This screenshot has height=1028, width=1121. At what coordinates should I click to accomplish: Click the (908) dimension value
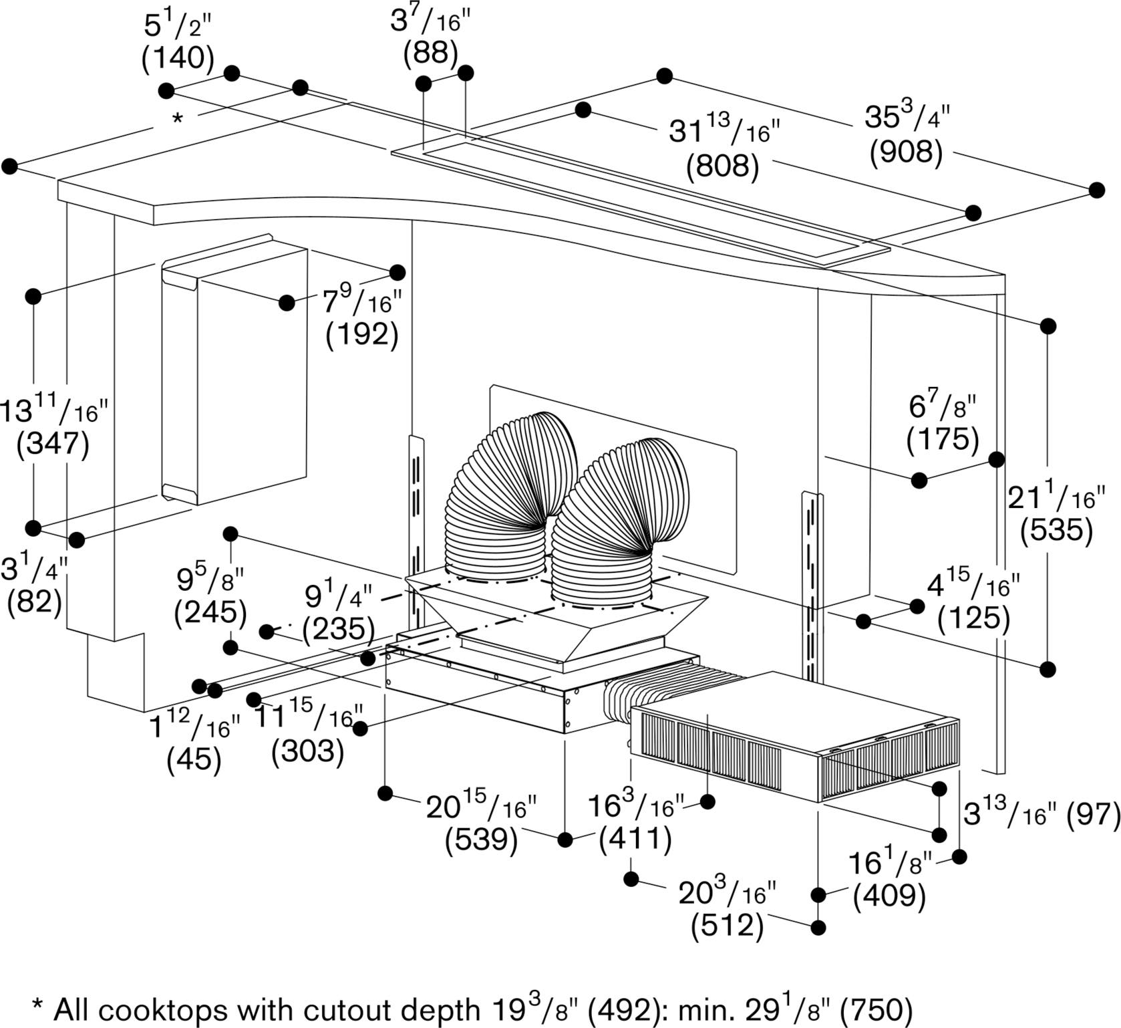tap(906, 153)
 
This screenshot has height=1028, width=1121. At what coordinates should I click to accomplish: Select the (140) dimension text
tap(178, 59)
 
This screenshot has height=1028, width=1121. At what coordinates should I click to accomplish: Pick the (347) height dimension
tap(53, 444)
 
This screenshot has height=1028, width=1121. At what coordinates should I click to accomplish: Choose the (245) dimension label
tap(210, 613)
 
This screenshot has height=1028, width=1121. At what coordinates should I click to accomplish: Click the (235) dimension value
tap(339, 629)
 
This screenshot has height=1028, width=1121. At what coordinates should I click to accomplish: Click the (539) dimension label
tap(482, 840)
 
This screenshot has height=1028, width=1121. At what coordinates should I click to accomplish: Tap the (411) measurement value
tap(635, 839)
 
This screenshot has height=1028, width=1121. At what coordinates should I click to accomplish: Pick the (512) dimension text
tap(727, 926)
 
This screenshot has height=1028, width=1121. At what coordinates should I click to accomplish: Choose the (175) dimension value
tap(943, 439)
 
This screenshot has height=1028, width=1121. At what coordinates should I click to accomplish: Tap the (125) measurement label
tap(973, 619)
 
